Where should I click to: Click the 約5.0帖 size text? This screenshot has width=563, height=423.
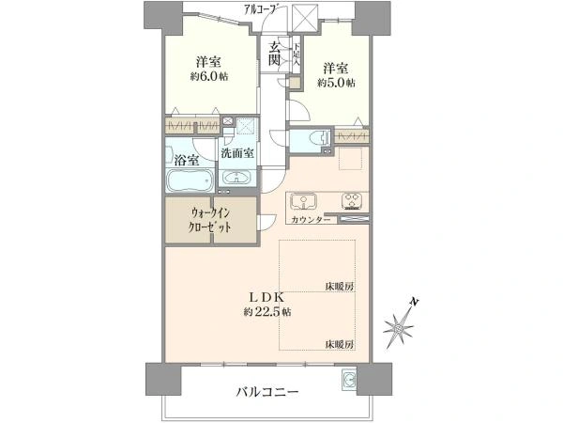coord(336,83)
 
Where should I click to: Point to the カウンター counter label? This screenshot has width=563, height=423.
coord(311,219)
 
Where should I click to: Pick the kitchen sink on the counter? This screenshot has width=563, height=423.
coord(305,200)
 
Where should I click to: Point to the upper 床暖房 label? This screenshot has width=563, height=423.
coord(339,285)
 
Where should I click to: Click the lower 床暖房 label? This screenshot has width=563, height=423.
coord(339,344)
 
